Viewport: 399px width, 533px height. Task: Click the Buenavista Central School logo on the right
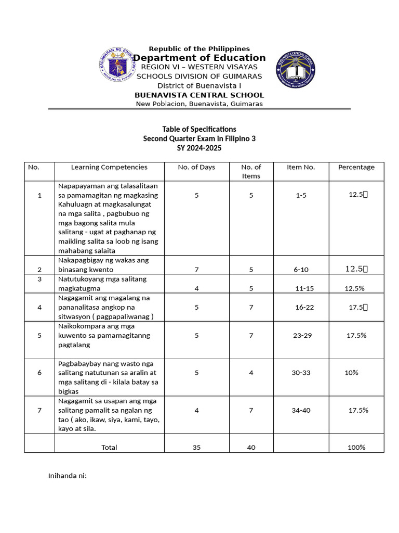pos(295,69)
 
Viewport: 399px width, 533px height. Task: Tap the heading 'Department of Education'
pos(199,58)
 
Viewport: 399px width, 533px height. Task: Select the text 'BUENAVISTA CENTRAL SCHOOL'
pos(199,95)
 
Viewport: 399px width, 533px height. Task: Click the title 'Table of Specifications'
pos(199,129)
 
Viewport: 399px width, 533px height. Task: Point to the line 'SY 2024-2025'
pos(199,148)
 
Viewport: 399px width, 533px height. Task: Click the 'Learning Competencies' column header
pos(109,167)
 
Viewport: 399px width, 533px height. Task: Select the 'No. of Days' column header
pos(196,167)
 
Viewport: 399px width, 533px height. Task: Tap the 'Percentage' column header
pos(356,167)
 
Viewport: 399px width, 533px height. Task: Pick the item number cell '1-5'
pos(301,195)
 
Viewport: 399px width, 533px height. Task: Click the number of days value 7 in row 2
pos(196,270)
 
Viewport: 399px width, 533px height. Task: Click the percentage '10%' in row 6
pos(351,373)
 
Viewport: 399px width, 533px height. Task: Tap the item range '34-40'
pos(301,410)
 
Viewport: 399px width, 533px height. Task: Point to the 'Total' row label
pos(109,447)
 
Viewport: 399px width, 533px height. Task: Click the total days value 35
pos(196,447)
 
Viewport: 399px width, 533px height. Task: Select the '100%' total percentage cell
pos(356,447)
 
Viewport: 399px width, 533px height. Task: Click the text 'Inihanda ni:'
pos(67,476)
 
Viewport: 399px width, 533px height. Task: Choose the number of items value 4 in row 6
pos(251,373)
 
